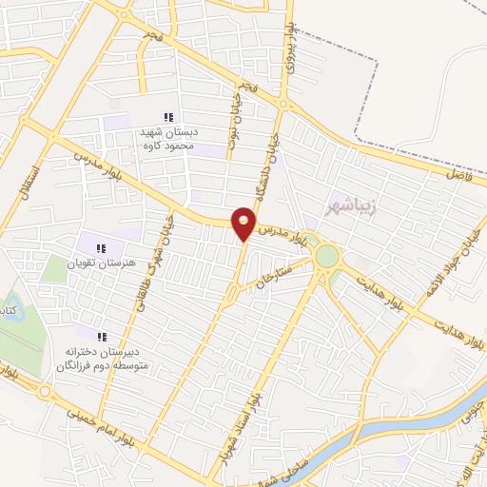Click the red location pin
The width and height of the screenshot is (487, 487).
coord(244,224)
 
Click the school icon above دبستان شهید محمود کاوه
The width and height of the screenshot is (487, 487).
coord(167,117)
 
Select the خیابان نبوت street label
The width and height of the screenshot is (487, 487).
coord(233,125)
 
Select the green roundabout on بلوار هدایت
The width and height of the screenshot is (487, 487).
coord(327,256)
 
